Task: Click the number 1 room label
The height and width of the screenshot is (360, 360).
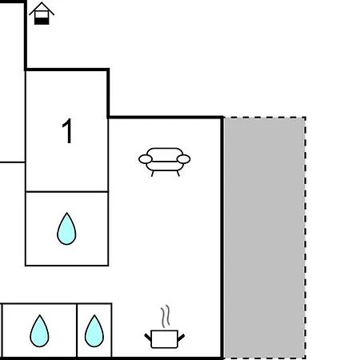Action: [x=67, y=130]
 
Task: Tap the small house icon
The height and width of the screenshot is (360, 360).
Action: [x=42, y=14]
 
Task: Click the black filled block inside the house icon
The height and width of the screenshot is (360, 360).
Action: [x=42, y=21]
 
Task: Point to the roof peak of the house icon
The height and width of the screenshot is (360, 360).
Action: [x=42, y=2]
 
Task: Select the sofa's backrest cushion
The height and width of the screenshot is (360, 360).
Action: [x=165, y=154]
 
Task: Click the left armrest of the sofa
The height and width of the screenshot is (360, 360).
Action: [x=146, y=159]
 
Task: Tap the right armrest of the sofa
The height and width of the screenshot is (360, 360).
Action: [x=183, y=159]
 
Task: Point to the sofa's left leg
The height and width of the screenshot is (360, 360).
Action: [x=152, y=174]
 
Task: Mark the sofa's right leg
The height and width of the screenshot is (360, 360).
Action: [x=178, y=174]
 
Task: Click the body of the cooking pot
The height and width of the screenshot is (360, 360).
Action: [x=164, y=339]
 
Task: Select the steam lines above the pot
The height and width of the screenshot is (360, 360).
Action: [x=166, y=317]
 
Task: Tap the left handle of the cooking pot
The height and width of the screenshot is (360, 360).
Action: [x=148, y=338]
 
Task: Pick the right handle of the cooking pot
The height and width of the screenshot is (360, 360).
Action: [x=181, y=338]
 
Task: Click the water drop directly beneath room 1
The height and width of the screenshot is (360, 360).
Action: [x=66, y=230]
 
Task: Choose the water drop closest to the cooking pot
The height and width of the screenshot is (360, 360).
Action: [x=94, y=331]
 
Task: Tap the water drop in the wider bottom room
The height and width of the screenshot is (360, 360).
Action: [x=39, y=331]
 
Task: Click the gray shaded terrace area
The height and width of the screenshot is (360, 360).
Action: [x=265, y=238]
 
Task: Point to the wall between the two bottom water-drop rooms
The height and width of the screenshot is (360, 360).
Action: [x=77, y=330]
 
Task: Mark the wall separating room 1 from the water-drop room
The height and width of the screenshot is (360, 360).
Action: [x=66, y=191]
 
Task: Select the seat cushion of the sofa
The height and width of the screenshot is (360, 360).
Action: [x=165, y=166]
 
